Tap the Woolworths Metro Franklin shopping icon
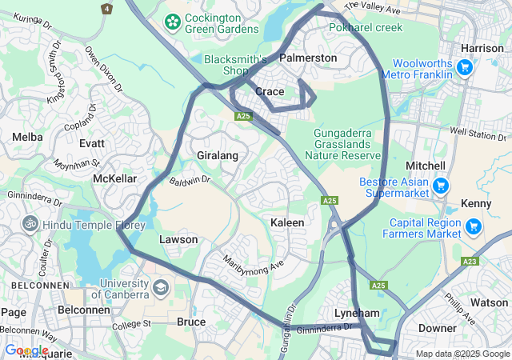(465, 67)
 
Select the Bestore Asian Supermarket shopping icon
(439, 186)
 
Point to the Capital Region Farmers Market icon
(474, 227)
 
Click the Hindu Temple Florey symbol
(30, 225)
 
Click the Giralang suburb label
(218, 155)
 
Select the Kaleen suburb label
(287, 222)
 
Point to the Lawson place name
(178, 239)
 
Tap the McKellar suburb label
(114, 178)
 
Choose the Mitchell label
(426, 165)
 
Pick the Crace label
(270, 92)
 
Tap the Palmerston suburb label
(308, 58)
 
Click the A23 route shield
(470, 261)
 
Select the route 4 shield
(106, 8)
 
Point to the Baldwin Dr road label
(190, 180)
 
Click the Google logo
(26, 350)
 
